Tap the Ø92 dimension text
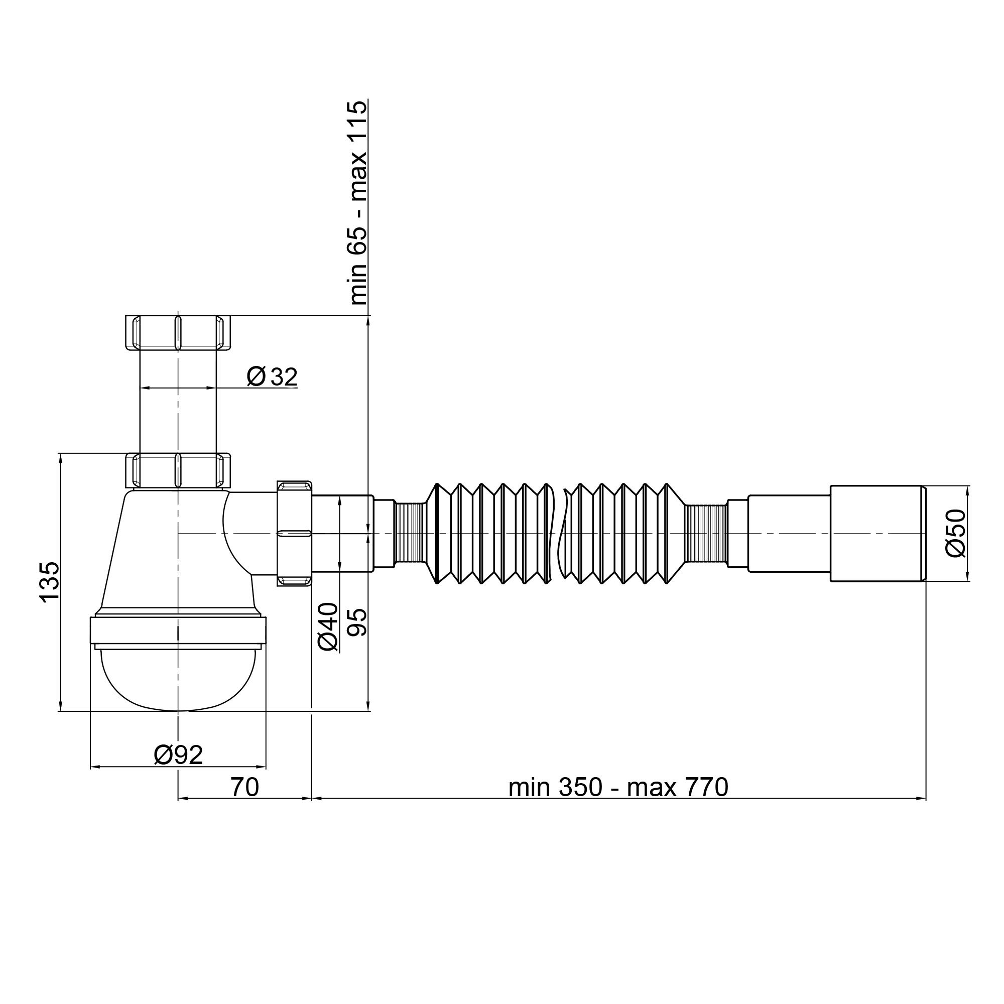[178, 755]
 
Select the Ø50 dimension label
[955, 533]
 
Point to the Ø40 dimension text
[328, 626]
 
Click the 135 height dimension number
[50, 582]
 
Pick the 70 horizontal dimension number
[244, 787]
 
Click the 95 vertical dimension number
[357, 622]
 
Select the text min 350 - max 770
[618, 787]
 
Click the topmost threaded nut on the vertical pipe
[178, 333]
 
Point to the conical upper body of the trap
[156, 551]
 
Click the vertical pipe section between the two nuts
[178, 411]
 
